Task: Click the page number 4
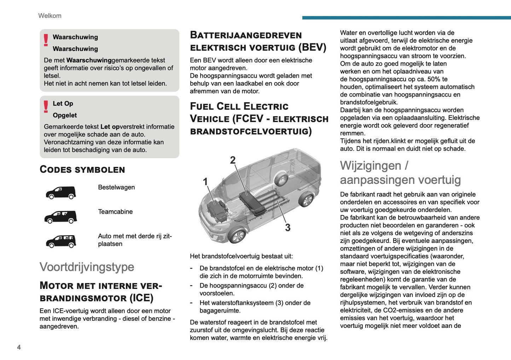click(x=19, y=347)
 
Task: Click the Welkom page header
click(x=50, y=16)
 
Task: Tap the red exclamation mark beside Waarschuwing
click(x=46, y=40)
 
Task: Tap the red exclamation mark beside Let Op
click(x=46, y=106)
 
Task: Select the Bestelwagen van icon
click(x=61, y=193)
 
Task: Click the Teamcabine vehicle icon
click(x=61, y=217)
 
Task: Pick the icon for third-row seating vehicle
click(x=61, y=241)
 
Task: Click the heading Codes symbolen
click(x=82, y=169)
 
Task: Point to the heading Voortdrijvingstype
click(x=87, y=267)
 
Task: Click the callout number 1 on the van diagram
click(x=205, y=182)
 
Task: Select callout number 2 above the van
click(x=233, y=160)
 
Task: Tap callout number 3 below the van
click(x=288, y=227)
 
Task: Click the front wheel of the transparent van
click(x=237, y=235)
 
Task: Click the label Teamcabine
click(x=115, y=211)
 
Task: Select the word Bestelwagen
click(x=116, y=187)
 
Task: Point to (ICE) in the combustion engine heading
click(x=141, y=298)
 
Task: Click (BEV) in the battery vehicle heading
click(x=312, y=47)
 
